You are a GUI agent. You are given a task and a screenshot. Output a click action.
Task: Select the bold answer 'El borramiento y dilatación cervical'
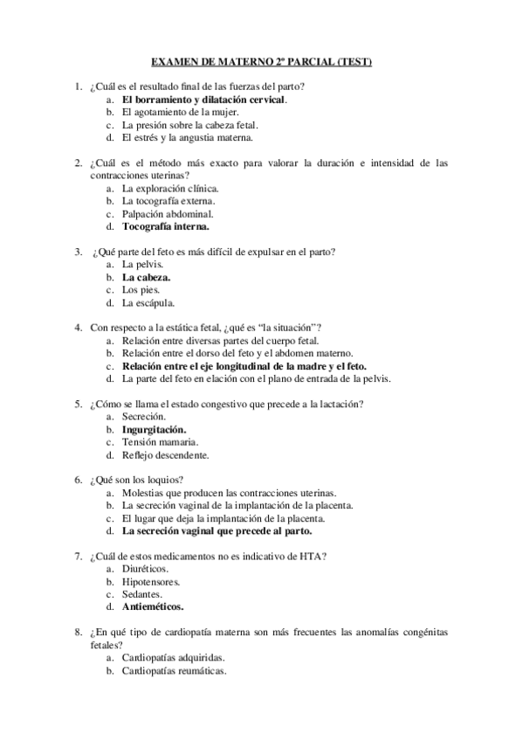pos(204,100)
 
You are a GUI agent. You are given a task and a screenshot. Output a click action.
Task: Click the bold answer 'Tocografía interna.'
pos(166,226)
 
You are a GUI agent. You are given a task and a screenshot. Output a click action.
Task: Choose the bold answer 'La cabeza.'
pos(147,277)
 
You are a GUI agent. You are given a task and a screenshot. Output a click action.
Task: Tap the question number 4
pos(79,328)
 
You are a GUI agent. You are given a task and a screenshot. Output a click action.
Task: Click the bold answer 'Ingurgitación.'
pos(154,430)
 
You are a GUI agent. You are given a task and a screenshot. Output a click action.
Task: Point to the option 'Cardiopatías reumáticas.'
pos(174,671)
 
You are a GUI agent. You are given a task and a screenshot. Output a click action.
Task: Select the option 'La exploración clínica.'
pos(170,188)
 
